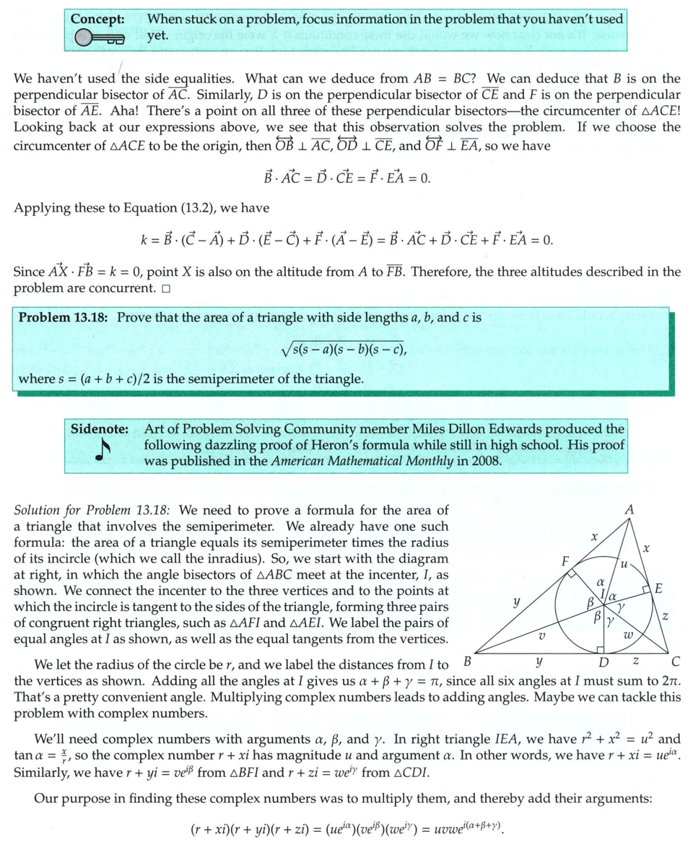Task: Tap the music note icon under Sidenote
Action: coord(104,451)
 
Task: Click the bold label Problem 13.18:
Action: coord(64,317)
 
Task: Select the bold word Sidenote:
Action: coord(100,428)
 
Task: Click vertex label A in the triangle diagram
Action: coord(629,511)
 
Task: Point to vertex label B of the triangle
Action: coord(467,660)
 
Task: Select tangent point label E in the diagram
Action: coord(658,589)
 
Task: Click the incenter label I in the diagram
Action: coord(603,594)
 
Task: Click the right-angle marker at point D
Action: coord(600,649)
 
